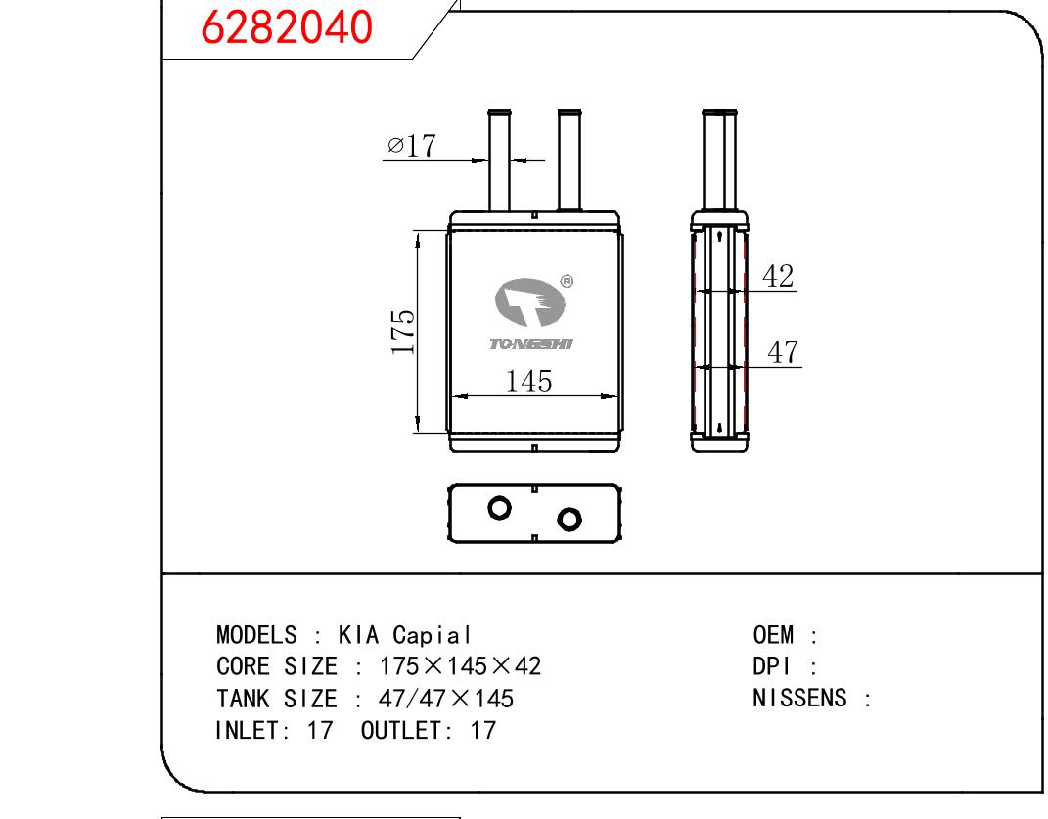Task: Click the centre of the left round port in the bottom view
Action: click(499, 508)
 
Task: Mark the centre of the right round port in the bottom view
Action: click(569, 519)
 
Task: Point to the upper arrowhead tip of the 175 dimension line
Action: click(418, 231)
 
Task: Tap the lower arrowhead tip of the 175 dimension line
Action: click(418, 433)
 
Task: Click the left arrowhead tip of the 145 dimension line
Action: click(452, 396)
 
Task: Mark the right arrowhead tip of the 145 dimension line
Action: click(617, 396)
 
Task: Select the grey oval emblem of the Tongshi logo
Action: click(530, 301)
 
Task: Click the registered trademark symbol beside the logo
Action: click(567, 282)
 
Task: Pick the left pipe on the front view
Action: click(499, 160)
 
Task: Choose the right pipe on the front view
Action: click(570, 160)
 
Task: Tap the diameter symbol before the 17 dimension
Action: click(395, 145)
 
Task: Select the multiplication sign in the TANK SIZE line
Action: click(461, 699)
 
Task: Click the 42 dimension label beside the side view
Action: click(778, 276)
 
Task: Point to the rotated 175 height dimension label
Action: click(403, 332)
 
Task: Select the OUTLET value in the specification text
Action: click(482, 730)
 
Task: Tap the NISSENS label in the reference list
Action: click(799, 698)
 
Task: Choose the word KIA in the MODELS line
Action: click(358, 634)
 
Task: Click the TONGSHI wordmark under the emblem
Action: click(531, 343)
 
